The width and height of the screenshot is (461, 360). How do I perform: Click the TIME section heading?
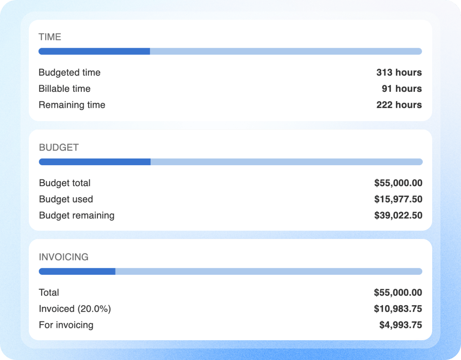[x=50, y=37]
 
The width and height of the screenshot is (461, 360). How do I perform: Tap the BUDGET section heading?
[x=59, y=147]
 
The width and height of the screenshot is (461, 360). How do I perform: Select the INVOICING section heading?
[x=63, y=257]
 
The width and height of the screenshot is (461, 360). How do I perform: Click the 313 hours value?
[x=399, y=72]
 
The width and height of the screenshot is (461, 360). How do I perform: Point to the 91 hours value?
[x=402, y=89]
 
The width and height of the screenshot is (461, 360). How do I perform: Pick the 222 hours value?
[x=399, y=105]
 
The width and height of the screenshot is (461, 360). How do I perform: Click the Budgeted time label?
[x=70, y=72]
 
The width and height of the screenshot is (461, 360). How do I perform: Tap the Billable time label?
[x=64, y=89]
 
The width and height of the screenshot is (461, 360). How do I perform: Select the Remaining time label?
[x=72, y=105]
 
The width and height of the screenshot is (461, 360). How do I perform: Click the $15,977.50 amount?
[x=398, y=199]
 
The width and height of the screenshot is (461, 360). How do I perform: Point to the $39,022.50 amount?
[x=398, y=215]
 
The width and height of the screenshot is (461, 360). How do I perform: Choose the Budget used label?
[x=66, y=199]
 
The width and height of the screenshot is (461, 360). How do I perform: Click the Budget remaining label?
[x=77, y=215]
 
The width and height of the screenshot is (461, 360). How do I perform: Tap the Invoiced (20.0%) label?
[x=75, y=309]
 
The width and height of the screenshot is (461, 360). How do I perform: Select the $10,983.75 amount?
[x=398, y=309]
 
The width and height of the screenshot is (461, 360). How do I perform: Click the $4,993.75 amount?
[x=400, y=325]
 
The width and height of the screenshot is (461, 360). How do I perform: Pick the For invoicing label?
[x=66, y=325]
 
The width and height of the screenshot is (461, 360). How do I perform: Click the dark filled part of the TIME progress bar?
[x=94, y=51]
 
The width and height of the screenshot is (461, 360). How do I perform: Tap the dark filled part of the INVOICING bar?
[x=77, y=271]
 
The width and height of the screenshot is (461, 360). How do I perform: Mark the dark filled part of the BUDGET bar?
[x=95, y=162]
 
